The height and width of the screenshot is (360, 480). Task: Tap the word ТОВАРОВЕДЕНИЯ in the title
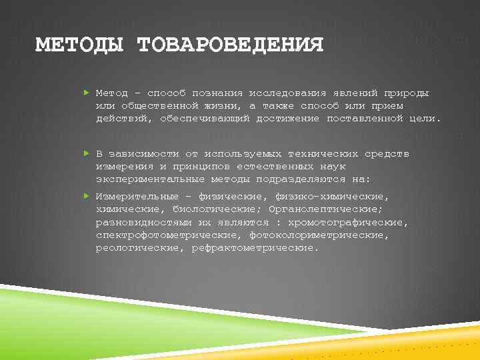tap(230, 45)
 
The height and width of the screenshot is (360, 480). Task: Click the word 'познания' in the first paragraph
tap(215, 93)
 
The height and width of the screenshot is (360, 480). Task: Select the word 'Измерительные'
tap(137, 197)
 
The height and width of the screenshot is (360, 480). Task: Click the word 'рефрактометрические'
tap(255, 247)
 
